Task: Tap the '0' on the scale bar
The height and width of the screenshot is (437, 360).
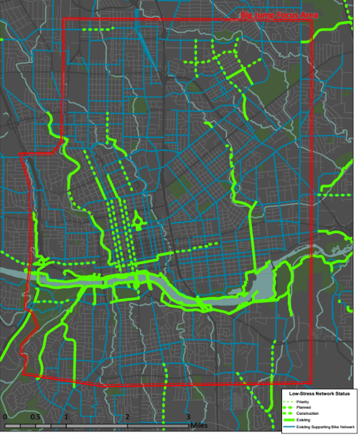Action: point(4,417)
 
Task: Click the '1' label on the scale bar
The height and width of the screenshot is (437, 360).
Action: point(66,417)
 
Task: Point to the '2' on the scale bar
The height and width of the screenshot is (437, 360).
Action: point(128,417)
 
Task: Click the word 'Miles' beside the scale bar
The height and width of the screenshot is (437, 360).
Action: point(201,425)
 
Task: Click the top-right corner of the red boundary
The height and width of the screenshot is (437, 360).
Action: point(312,19)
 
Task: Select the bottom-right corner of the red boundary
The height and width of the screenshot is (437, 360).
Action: point(312,382)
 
